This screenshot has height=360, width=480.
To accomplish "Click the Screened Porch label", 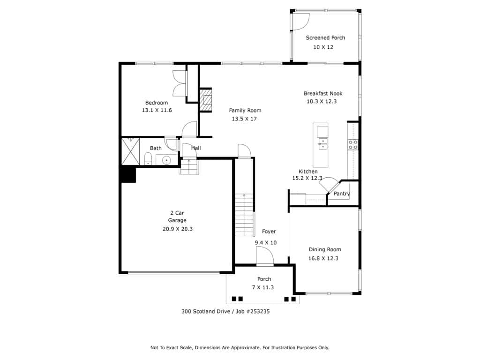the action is point(325,37).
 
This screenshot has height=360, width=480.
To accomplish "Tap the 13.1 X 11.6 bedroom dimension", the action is point(157,110).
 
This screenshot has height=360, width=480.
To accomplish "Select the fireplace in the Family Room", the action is point(206,100).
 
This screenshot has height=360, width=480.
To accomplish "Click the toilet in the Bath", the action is point(148,159).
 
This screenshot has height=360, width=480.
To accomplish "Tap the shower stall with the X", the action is point(131,151).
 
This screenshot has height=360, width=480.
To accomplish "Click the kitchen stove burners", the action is point(353,145).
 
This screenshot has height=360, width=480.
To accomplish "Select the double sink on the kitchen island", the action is point(322,144).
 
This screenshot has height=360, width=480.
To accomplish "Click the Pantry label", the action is point(342,194).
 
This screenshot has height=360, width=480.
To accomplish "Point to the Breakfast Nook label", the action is point(323,93).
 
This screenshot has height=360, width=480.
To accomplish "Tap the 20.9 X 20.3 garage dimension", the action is point(178,229).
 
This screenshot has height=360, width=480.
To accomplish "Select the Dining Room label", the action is point(325,249).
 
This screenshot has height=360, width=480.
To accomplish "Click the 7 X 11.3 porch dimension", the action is point(263,287).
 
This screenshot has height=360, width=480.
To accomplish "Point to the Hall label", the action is point(196,148).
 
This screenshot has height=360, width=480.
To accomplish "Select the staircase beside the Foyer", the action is point(245,215).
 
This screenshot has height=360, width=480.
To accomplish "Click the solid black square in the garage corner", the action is point(128,175).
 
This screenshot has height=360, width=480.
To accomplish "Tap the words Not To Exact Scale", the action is point(171,347).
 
